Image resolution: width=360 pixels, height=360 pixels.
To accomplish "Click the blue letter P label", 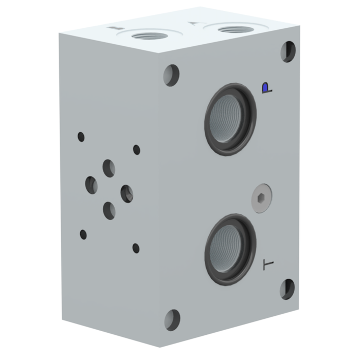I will pyautogui.click(x=265, y=88).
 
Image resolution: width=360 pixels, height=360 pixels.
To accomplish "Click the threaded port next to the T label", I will pyautogui.click(x=230, y=250).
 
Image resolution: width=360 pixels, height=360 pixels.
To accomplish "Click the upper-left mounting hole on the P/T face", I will pyautogui.click(x=172, y=75).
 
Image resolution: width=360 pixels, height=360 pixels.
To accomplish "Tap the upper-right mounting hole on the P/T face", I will pyautogui.click(x=288, y=51).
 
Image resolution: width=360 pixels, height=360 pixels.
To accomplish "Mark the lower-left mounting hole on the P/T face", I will pyautogui.click(x=172, y=319).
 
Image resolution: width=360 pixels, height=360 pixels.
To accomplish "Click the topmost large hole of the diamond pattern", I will pyautogui.click(x=109, y=168).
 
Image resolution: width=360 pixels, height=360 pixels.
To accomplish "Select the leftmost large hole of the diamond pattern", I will pyautogui.click(x=92, y=185).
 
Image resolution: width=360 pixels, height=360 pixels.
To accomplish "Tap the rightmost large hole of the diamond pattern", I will pyautogui.click(x=127, y=193).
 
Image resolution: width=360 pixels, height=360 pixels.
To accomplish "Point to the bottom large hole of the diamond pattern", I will pyautogui.click(x=109, y=210).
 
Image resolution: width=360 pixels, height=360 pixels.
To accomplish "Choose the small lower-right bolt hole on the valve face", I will pyautogui.click(x=136, y=248).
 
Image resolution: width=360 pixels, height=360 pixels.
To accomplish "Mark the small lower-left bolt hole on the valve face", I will pyautogui.click(x=83, y=235).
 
